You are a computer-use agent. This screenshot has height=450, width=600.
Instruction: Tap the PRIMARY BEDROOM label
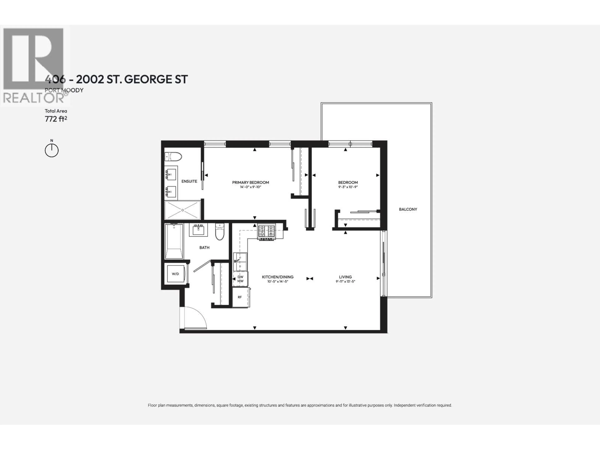pos(250,182)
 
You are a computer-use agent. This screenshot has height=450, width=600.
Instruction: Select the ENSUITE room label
pos(189,181)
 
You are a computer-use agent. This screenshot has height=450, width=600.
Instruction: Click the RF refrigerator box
pos(240,297)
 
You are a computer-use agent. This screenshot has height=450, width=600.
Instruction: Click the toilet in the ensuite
pos(173,157)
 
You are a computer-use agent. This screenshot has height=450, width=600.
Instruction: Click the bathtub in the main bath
pos(174,241)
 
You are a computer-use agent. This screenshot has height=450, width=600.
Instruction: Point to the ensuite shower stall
pos(182,210)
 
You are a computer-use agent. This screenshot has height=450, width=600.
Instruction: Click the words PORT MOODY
pos(64,90)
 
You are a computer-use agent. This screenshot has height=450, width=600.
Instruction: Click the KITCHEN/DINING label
pos(277,277)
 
